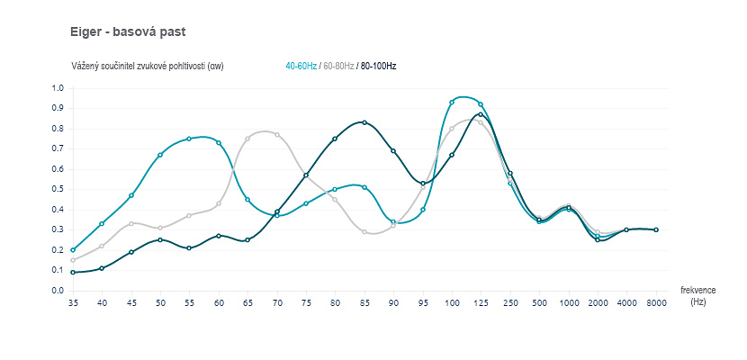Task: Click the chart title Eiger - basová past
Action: (x=128, y=31)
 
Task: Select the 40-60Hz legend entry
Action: (x=301, y=67)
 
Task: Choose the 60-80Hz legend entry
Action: (x=337, y=67)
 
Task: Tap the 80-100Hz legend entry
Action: (x=378, y=67)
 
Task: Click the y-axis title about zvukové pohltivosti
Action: (x=147, y=67)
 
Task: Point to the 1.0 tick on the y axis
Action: (x=58, y=88)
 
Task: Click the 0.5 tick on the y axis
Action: (x=58, y=190)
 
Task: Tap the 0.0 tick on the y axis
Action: (x=58, y=291)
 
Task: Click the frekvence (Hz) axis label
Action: (x=698, y=296)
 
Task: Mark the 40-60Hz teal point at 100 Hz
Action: (x=452, y=103)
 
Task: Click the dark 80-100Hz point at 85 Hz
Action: (x=364, y=122)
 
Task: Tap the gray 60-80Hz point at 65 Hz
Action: (x=247, y=139)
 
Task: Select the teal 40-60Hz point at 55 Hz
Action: (x=189, y=139)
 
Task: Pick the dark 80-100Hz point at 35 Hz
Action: (x=73, y=272)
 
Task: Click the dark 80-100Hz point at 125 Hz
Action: (x=481, y=114)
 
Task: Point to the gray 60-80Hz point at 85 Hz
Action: (x=364, y=231)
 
